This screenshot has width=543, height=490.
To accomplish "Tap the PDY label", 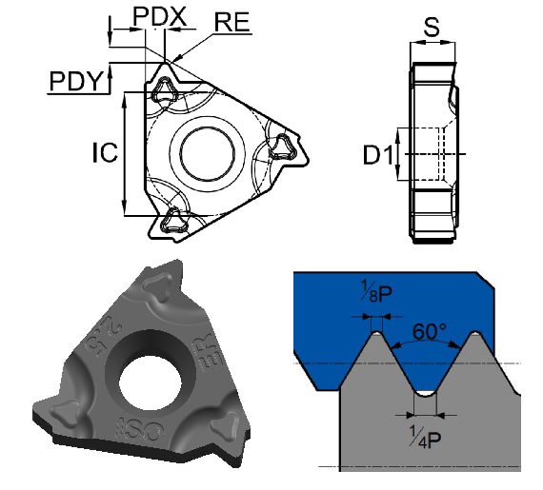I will [76, 82].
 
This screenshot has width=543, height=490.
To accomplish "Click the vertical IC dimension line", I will [125, 152].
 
